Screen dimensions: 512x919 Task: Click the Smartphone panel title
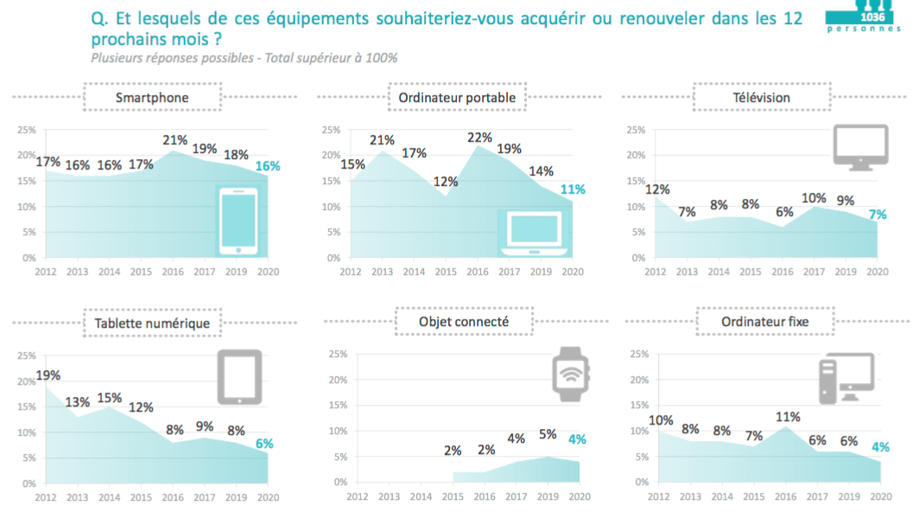click(x=152, y=98)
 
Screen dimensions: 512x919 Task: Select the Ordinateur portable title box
click(x=457, y=98)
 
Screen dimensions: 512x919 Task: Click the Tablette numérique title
click(x=152, y=323)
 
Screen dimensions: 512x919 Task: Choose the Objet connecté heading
click(x=457, y=323)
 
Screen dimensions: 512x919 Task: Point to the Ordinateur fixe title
click(x=764, y=323)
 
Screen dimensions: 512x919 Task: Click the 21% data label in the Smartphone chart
click(x=175, y=140)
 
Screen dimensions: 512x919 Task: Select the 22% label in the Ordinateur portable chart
click(x=479, y=138)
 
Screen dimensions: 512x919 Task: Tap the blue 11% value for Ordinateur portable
click(x=573, y=189)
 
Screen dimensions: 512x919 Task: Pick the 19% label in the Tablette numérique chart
click(x=48, y=375)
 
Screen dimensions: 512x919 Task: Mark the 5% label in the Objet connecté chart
click(x=548, y=435)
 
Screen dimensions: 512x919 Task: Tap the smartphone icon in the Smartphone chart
click(x=238, y=221)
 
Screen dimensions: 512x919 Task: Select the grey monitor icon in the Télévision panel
click(x=859, y=146)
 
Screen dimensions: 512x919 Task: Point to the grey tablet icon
click(x=239, y=377)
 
